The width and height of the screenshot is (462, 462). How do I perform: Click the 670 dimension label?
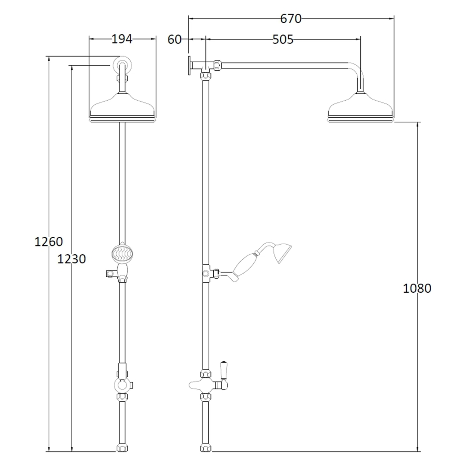[x=291, y=18]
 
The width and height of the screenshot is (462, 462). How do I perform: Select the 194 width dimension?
[x=122, y=39]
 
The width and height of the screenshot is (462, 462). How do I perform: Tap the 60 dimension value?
[x=174, y=39]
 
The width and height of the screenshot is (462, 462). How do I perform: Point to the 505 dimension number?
[x=283, y=39]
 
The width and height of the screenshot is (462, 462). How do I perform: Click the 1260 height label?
[x=49, y=242]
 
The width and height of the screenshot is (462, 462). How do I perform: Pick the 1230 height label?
[x=71, y=259]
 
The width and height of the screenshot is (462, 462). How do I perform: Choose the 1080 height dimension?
[x=417, y=288]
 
